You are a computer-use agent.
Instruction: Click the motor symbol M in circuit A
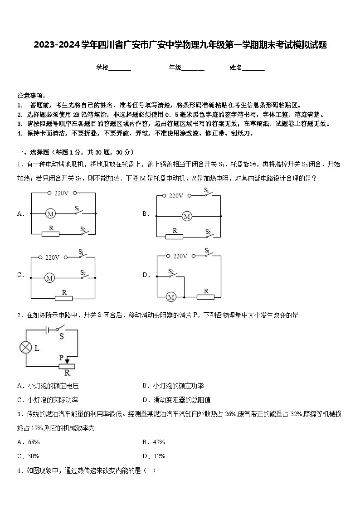[x=51, y=213]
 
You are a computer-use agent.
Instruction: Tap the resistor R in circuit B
[x=175, y=236]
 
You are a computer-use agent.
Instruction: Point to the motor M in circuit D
[x=171, y=297]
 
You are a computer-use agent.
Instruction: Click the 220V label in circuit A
[x=61, y=193]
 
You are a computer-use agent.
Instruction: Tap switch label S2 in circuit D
[x=171, y=272]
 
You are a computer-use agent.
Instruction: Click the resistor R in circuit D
[x=206, y=297]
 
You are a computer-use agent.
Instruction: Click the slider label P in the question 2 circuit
[x=61, y=357]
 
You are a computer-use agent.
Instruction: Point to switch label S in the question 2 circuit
[x=62, y=336]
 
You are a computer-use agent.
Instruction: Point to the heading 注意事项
[x=31, y=96]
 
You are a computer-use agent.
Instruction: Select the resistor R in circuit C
[x=63, y=298]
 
